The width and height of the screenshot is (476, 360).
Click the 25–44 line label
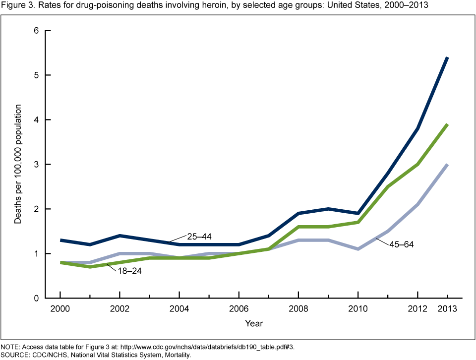pos(199,236)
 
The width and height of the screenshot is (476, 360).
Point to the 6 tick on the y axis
pos(36,30)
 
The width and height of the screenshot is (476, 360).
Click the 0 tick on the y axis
pos(36,298)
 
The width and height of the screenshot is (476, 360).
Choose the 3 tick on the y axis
pos(36,164)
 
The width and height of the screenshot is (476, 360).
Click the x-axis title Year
pos(253,323)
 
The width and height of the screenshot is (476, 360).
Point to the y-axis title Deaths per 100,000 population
pos(18,164)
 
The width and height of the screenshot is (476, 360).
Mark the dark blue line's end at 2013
pos(448,58)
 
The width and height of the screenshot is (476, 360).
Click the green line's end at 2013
pos(448,124)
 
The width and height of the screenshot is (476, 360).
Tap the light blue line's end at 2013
pos(448,165)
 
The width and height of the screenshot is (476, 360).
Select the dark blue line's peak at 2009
pos(328,209)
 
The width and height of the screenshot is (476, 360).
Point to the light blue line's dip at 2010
pos(358,249)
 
